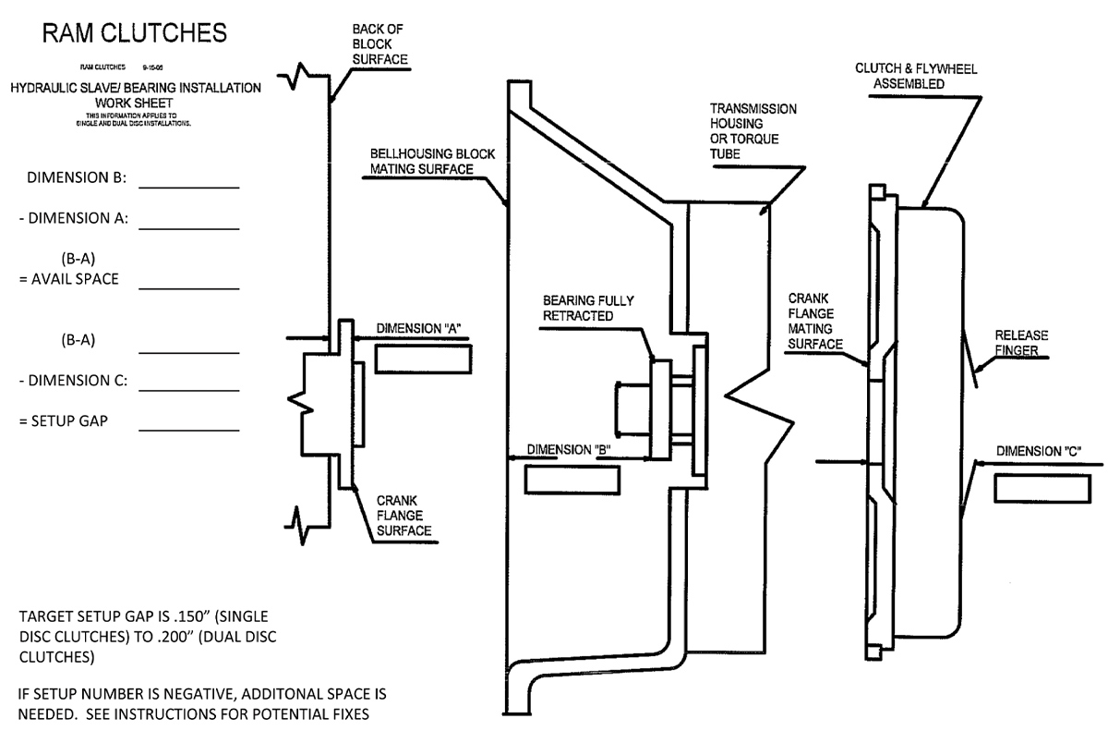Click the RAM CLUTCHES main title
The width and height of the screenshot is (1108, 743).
tap(135, 34)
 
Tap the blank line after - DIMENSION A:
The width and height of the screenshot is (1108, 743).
tap(189, 227)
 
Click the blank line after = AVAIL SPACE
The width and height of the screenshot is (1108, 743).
tap(189, 287)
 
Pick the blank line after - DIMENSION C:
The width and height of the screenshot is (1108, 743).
tap(189, 388)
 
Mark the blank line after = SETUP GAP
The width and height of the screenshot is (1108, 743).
tap(189, 430)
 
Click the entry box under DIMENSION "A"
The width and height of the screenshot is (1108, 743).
tap(423, 359)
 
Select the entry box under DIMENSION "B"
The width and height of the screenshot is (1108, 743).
tap(572, 480)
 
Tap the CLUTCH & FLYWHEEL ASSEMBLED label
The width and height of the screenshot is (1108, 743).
tap(917, 76)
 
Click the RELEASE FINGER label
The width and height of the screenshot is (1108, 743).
tap(1021, 342)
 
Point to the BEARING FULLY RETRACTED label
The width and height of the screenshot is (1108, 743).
tap(589, 309)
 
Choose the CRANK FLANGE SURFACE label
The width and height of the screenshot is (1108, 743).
tap(403, 516)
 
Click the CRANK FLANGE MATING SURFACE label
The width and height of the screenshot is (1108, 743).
tap(818, 322)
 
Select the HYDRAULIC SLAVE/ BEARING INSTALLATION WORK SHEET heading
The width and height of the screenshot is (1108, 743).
tap(135, 95)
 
